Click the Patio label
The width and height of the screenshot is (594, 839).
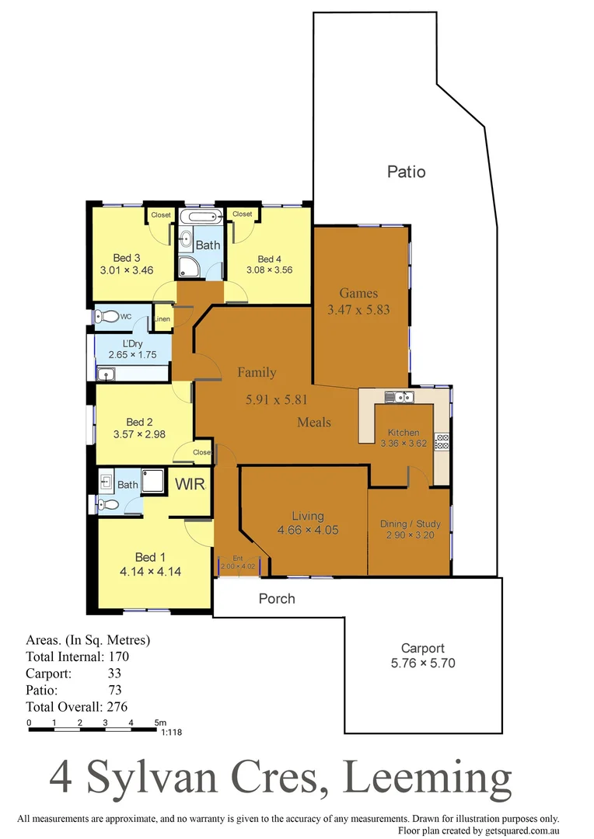(x=407, y=172)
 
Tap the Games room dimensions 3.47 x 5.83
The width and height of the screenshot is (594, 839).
(x=358, y=309)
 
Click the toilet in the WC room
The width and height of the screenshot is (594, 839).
(x=106, y=317)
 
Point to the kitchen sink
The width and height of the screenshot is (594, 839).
(x=401, y=398)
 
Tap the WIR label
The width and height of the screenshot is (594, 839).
(x=190, y=485)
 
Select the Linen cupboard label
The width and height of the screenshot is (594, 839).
(x=162, y=319)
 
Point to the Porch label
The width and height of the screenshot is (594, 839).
(x=277, y=598)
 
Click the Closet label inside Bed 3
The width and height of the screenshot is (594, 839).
(x=161, y=215)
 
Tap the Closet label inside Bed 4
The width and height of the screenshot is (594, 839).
(x=242, y=214)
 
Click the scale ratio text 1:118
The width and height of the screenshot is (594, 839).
(x=170, y=732)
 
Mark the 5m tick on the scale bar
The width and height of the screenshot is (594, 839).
(x=159, y=723)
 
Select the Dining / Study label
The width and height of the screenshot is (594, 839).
(x=409, y=524)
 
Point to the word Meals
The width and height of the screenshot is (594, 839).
(x=313, y=422)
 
